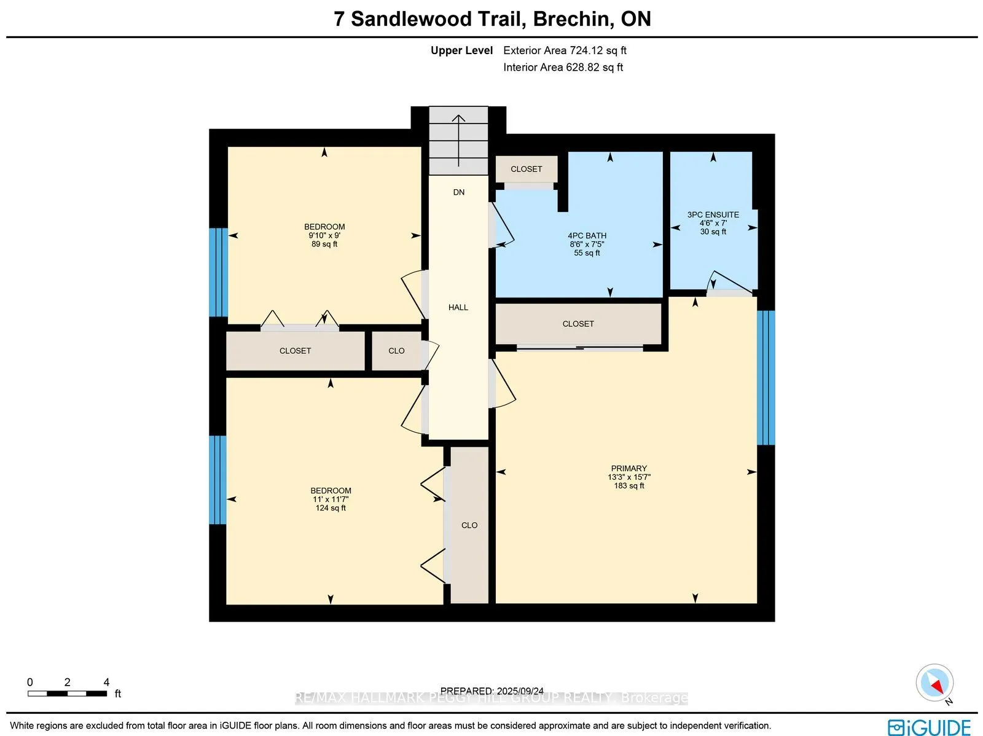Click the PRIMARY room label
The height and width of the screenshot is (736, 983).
point(629,468)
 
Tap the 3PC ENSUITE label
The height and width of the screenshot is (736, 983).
point(713,214)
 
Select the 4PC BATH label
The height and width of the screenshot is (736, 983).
point(587,235)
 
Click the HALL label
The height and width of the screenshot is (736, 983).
point(458,307)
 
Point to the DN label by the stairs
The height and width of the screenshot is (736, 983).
point(458,192)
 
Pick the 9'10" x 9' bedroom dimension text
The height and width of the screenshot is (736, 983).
point(324,235)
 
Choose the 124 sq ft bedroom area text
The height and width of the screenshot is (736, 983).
point(331,508)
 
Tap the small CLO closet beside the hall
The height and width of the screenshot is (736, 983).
point(396,351)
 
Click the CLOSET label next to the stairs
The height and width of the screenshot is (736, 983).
point(526,169)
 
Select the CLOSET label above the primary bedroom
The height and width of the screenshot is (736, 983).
point(578,324)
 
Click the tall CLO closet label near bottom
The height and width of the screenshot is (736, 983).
point(469,525)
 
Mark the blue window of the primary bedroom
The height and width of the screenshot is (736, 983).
point(766,377)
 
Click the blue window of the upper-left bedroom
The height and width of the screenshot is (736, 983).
point(218,272)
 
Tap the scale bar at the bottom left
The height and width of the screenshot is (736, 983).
point(67,694)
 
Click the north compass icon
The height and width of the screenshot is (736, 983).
point(934,683)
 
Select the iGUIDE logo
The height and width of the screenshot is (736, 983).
point(929,727)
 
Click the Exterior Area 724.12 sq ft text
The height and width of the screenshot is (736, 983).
point(565,50)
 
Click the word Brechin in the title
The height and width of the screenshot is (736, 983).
point(573,19)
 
